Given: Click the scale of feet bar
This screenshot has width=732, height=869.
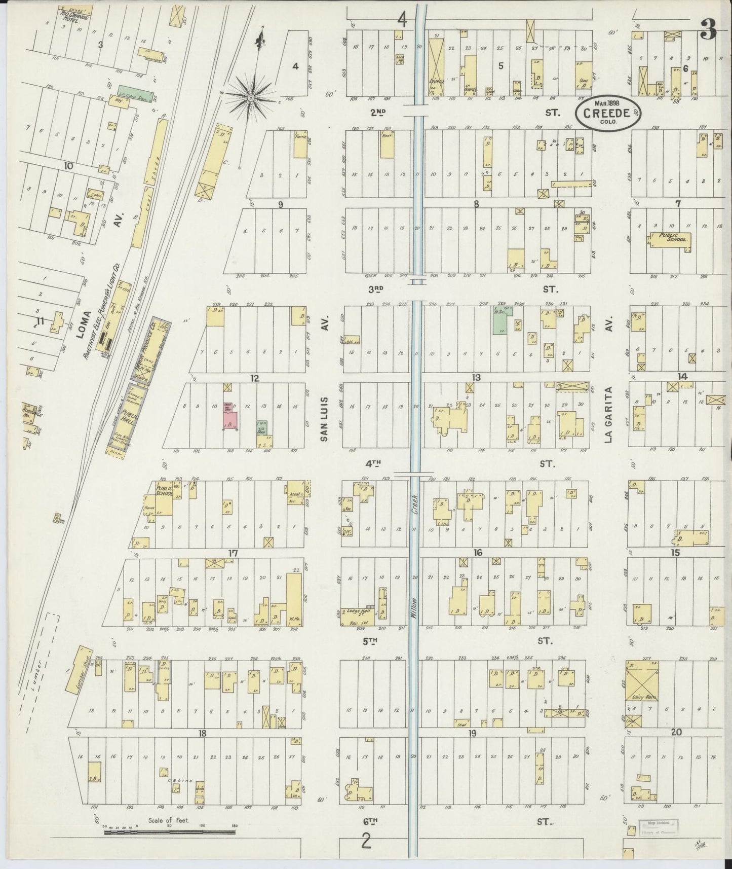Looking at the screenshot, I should [170, 832].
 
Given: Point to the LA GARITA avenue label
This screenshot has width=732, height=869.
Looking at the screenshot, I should [610, 414].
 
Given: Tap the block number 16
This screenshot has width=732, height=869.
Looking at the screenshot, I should [477, 553].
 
